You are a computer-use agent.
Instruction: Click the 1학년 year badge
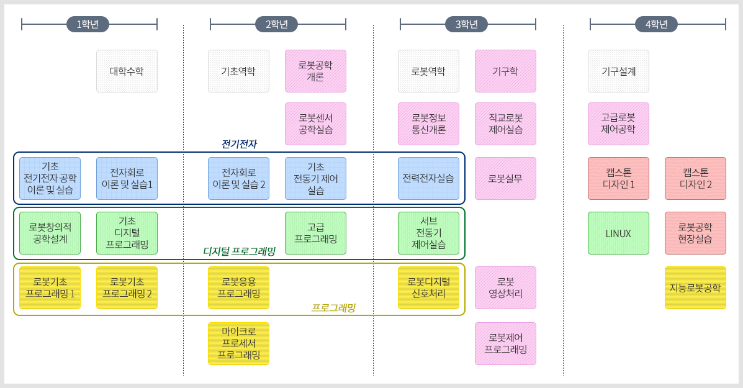coord(88,24)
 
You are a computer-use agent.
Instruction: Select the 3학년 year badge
coord(466,24)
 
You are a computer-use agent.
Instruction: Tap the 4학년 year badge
coord(656,24)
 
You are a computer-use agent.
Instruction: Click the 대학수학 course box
coord(127,71)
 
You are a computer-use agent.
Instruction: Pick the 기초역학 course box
coord(238,71)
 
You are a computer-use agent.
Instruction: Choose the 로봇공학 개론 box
coord(315,71)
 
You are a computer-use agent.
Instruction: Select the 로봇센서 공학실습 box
coord(315,124)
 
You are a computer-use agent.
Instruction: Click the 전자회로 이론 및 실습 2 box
coord(238,178)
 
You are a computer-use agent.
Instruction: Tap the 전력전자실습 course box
coord(428,178)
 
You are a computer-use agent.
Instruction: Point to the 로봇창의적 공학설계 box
coord(50,233)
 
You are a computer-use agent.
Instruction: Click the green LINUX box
coord(618,233)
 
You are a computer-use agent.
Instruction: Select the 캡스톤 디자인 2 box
coord(695,178)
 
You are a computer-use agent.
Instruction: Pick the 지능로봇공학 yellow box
coord(695,287)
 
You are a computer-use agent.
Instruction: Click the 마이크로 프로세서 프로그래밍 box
coord(238,343)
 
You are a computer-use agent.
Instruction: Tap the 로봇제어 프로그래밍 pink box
coord(505,343)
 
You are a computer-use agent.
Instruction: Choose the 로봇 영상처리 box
coord(505,287)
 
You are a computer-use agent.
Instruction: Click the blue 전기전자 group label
coord(239,144)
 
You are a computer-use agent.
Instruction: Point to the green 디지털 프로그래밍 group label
coord(239,251)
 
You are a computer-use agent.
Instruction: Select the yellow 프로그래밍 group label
coord(333,307)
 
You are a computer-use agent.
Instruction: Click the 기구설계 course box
coord(618,71)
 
